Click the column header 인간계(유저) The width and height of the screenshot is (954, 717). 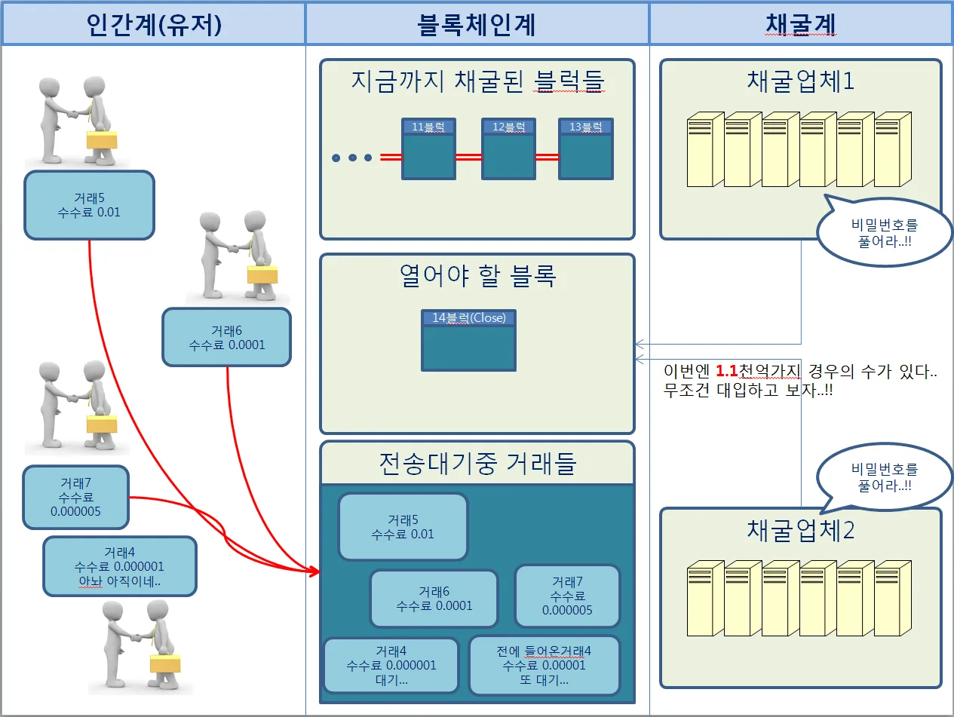153,24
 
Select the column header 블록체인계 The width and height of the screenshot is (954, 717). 477,24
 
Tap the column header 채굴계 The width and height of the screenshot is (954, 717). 801,24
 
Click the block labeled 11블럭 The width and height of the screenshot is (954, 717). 428,149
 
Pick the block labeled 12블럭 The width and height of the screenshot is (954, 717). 508,149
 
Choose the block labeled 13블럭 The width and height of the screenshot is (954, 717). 585,149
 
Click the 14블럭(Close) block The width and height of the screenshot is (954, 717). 468,340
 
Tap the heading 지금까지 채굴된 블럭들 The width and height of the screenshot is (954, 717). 477,81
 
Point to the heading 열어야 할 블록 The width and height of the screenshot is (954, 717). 477,276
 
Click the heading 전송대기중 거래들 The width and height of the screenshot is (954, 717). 477,462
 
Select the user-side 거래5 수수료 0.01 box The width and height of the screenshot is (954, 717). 89,205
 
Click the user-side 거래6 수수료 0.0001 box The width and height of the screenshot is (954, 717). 226,337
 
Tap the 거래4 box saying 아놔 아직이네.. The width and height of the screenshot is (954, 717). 120,566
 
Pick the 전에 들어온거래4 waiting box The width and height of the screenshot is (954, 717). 544,665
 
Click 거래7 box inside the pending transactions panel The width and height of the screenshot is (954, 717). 567,596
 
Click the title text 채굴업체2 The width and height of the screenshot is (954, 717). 801,530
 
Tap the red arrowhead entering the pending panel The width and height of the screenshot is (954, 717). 314,571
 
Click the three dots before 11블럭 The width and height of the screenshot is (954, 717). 352,158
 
